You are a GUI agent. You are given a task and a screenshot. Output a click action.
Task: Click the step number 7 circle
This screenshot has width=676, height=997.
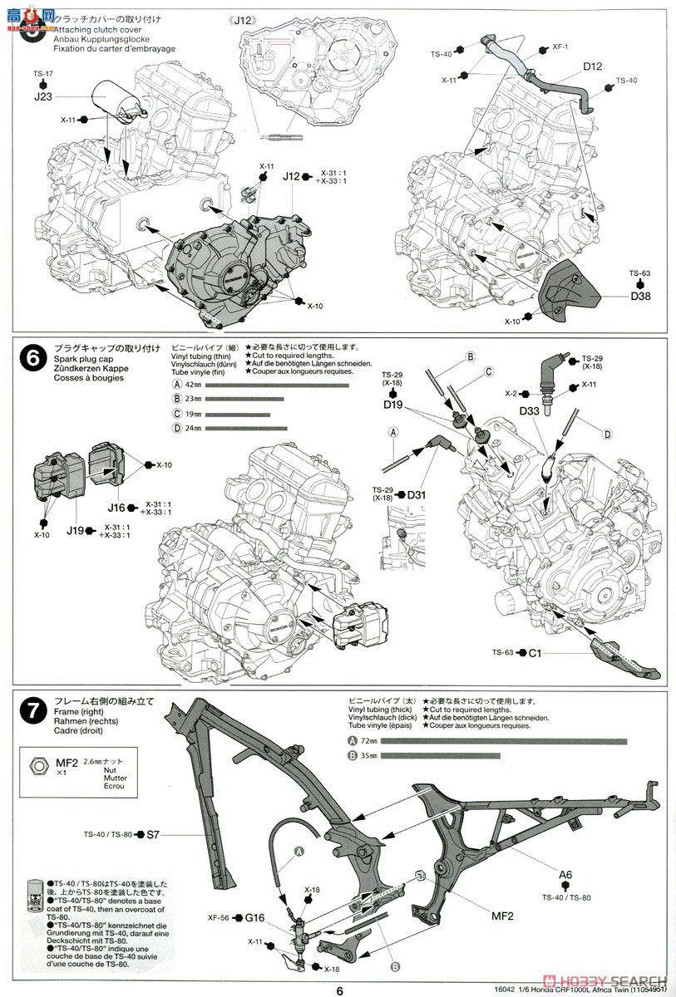(x=32, y=712)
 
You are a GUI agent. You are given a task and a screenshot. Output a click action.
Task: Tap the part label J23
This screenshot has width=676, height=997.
(x=43, y=96)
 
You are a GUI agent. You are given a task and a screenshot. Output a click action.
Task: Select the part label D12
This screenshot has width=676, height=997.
(x=592, y=66)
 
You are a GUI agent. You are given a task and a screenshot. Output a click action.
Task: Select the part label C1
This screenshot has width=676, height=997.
(x=535, y=653)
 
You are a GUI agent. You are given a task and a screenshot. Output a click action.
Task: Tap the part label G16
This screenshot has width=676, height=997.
(x=256, y=918)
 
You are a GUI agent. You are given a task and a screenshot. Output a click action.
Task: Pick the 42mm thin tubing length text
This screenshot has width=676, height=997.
(x=193, y=385)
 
